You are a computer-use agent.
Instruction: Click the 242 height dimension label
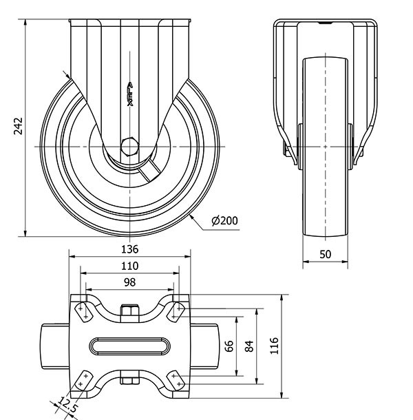pos(19,126)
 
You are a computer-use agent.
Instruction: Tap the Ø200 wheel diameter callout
pos(224,220)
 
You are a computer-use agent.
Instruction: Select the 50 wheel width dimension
pos(326,254)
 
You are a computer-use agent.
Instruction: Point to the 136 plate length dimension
pos(130,249)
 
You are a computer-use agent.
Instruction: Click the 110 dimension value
pos(130,266)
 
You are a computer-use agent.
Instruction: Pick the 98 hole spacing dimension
pos(130,282)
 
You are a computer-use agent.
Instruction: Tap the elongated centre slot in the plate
pos(130,345)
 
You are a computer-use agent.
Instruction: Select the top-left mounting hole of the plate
pos(82,311)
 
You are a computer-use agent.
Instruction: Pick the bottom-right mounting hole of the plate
pos(178,378)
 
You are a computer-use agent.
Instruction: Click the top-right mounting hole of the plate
pos(178,311)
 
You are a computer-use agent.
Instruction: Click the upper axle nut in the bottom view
pos(130,313)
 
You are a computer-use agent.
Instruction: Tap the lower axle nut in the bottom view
pos(130,377)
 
